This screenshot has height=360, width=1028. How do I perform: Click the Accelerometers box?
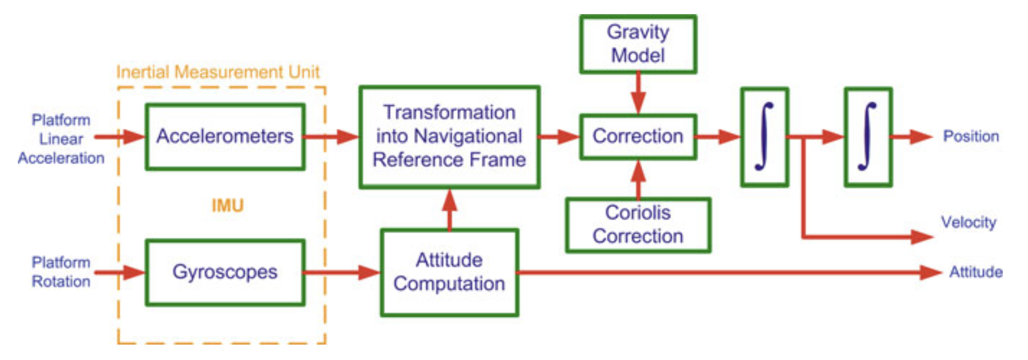(225, 137)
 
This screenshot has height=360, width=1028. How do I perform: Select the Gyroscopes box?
(225, 272)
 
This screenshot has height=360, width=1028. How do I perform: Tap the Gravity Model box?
(638, 44)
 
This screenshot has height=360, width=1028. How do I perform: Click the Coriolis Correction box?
(638, 225)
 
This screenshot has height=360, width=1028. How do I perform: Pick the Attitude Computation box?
(449, 272)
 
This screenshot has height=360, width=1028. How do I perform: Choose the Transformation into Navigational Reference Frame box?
(449, 137)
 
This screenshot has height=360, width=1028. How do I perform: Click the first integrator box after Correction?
(764, 137)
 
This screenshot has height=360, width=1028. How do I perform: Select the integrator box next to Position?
(868, 137)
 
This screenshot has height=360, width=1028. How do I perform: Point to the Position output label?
(971, 136)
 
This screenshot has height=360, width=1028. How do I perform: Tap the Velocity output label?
(968, 222)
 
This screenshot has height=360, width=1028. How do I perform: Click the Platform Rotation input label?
(61, 272)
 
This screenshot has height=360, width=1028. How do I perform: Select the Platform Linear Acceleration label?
(61, 139)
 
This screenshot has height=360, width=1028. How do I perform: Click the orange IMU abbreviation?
(227, 205)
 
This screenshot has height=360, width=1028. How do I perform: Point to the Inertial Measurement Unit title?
(218, 72)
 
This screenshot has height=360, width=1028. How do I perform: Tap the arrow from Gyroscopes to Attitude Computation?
(343, 272)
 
